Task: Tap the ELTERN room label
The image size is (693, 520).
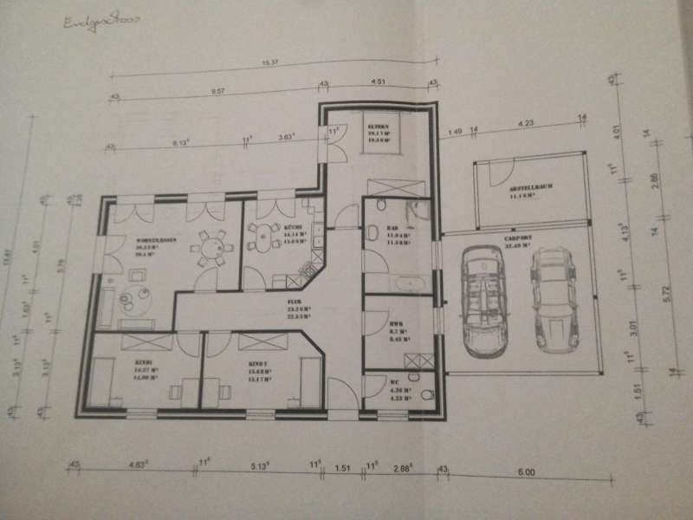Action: click(377, 125)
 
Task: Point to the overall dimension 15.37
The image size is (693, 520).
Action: click(270, 62)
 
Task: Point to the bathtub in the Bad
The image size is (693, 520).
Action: click(404, 283)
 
